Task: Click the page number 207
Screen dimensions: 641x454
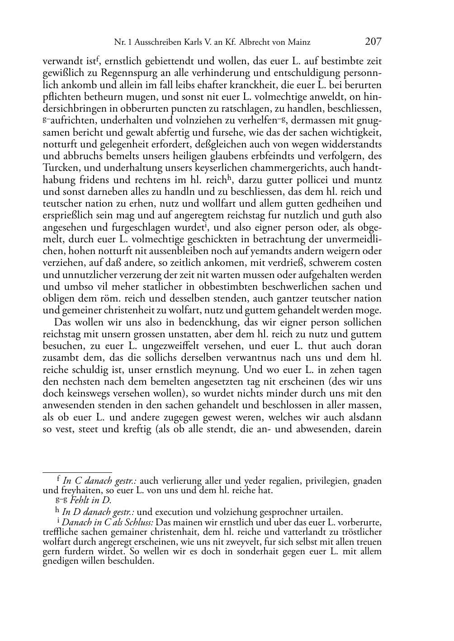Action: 373,42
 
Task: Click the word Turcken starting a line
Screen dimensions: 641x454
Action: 57,168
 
